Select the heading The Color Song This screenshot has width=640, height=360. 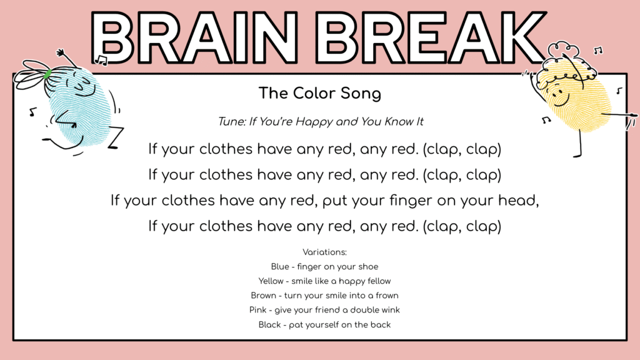(x=320, y=94)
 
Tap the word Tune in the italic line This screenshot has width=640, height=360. (x=231, y=122)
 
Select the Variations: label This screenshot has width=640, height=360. (x=324, y=252)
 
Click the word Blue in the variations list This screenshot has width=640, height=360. (x=280, y=267)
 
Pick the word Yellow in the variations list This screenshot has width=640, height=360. (x=271, y=281)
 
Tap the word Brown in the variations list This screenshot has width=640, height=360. (x=263, y=296)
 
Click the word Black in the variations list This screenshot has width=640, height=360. (x=269, y=324)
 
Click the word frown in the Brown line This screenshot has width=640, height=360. (x=386, y=296)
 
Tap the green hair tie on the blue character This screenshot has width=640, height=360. (x=47, y=74)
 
